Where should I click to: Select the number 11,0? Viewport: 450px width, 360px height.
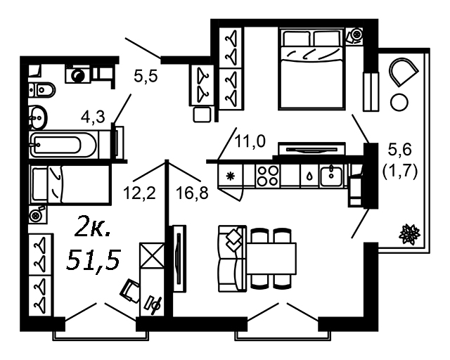tap(250, 141)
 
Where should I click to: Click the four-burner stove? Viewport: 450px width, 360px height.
tap(268, 174)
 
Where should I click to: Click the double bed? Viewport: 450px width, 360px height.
tap(312, 68)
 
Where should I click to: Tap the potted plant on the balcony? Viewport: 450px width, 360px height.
tap(408, 234)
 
